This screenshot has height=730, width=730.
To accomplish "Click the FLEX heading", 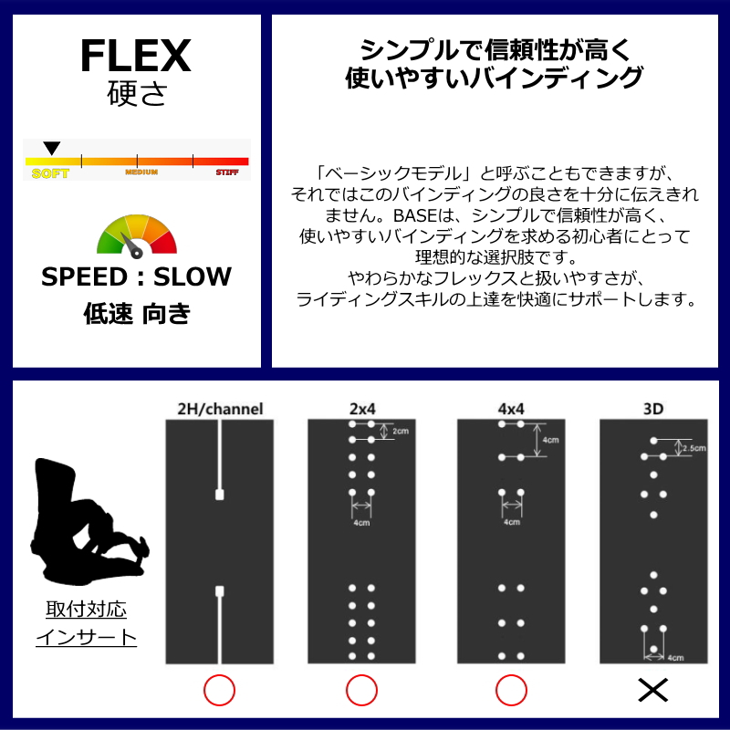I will coord(136,57).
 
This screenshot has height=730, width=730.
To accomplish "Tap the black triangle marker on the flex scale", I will coord(52,148).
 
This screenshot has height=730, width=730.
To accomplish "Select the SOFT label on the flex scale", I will coord(49,173).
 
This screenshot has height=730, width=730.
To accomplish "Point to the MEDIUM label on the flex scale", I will coord(141,172).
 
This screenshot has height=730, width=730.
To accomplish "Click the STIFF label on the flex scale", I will coord(227,172).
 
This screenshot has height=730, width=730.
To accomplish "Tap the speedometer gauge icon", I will coord(137,235).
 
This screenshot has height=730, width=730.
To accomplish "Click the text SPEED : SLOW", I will coord(137,277).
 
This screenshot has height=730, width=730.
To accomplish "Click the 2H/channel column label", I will coord(220,409).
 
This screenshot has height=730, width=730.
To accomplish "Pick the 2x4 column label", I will coord(361,409).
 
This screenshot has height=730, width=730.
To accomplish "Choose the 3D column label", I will coord(653,409).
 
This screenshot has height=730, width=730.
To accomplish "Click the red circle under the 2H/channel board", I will coord(220,691).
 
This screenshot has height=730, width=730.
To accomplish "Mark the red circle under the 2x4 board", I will coord(361,691).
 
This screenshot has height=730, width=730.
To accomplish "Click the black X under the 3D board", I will coord(653,691).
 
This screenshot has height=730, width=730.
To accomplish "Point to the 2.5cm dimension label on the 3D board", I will coord(695,448).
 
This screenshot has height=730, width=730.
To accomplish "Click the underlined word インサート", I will coord(86,638).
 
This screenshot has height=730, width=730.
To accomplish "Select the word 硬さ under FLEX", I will coord(136,94).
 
